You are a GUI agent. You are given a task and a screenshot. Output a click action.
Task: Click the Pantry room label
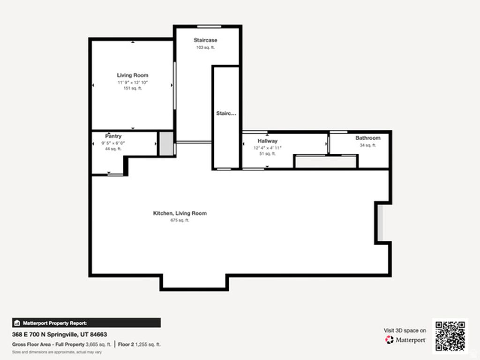tap(113, 136)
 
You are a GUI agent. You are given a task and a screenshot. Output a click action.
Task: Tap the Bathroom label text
tap(367, 138)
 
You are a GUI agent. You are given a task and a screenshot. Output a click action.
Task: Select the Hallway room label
tap(267, 141)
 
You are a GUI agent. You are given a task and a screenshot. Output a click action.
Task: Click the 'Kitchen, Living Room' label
tap(180, 213)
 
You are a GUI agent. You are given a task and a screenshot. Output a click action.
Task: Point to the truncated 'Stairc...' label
tap(226, 113)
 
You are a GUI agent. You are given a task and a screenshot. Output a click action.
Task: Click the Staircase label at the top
tap(205, 40)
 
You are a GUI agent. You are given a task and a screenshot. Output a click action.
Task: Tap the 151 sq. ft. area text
tap(133, 88)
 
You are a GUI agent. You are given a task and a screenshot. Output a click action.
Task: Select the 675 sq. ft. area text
tap(180, 220)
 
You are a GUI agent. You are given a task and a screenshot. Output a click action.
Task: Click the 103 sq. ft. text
tap(205, 47)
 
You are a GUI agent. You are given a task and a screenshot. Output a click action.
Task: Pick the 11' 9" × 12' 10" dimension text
tap(133, 82)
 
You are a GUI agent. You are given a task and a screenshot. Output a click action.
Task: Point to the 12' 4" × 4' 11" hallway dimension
tap(267, 148)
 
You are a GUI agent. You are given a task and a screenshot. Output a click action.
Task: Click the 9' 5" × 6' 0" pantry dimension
tap(113, 143)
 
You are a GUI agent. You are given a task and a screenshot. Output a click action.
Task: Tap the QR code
tap(450, 335)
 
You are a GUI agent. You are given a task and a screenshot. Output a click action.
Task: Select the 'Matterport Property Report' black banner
tap(86, 323)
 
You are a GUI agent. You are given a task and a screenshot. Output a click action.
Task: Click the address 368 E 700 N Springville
tap(60, 335)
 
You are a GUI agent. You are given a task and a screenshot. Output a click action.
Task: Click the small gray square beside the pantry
tap(165, 144)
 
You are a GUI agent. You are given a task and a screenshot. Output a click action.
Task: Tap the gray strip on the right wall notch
tap(381, 223)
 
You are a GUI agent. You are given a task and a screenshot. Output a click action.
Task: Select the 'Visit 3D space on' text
tap(405, 330)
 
